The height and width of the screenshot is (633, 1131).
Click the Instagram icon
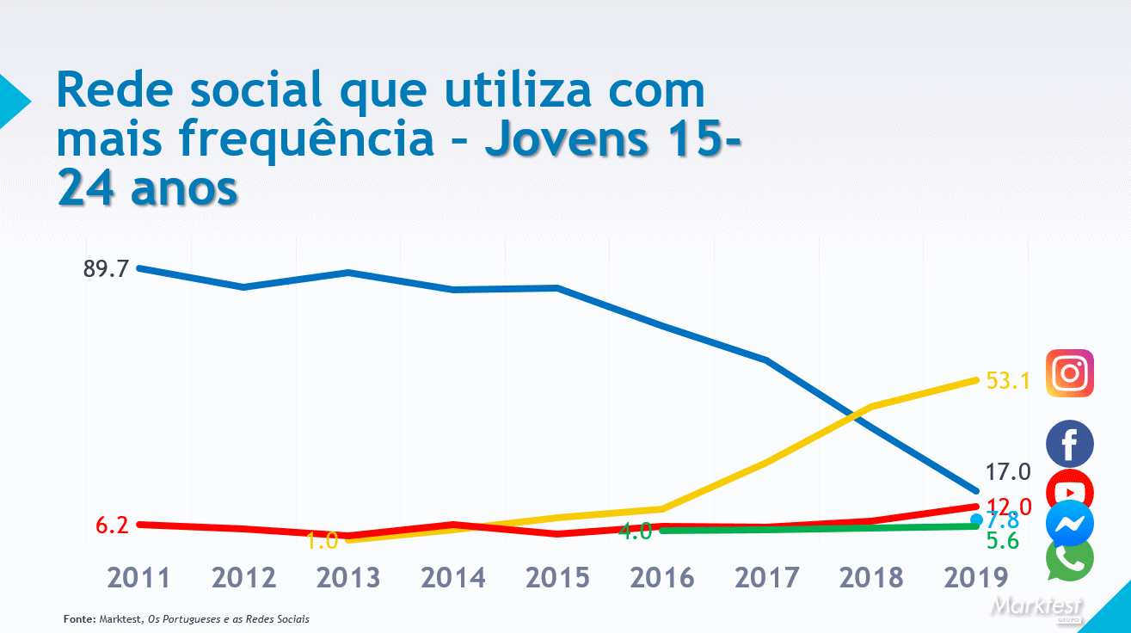tap(1070, 373)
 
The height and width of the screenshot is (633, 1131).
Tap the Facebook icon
tap(1070, 444)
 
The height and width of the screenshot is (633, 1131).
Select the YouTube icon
tap(1070, 489)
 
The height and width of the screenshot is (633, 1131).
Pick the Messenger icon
tap(1070, 524)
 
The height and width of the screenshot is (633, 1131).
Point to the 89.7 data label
tap(106, 268)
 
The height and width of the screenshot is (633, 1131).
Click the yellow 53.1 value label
tap(1008, 380)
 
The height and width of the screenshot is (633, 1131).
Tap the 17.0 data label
tap(1008, 471)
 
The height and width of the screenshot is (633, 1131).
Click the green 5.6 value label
tap(1002, 541)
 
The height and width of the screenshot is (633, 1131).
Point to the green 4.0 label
tap(635, 532)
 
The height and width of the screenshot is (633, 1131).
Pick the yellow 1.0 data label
tap(322, 541)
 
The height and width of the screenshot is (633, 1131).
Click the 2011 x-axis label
tap(138, 578)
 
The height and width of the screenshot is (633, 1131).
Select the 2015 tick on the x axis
tap(557, 578)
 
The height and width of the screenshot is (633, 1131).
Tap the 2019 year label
tap(975, 578)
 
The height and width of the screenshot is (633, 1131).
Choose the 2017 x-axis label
tap(766, 578)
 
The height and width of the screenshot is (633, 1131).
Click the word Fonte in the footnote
tap(79, 619)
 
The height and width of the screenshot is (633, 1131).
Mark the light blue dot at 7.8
tap(976, 519)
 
